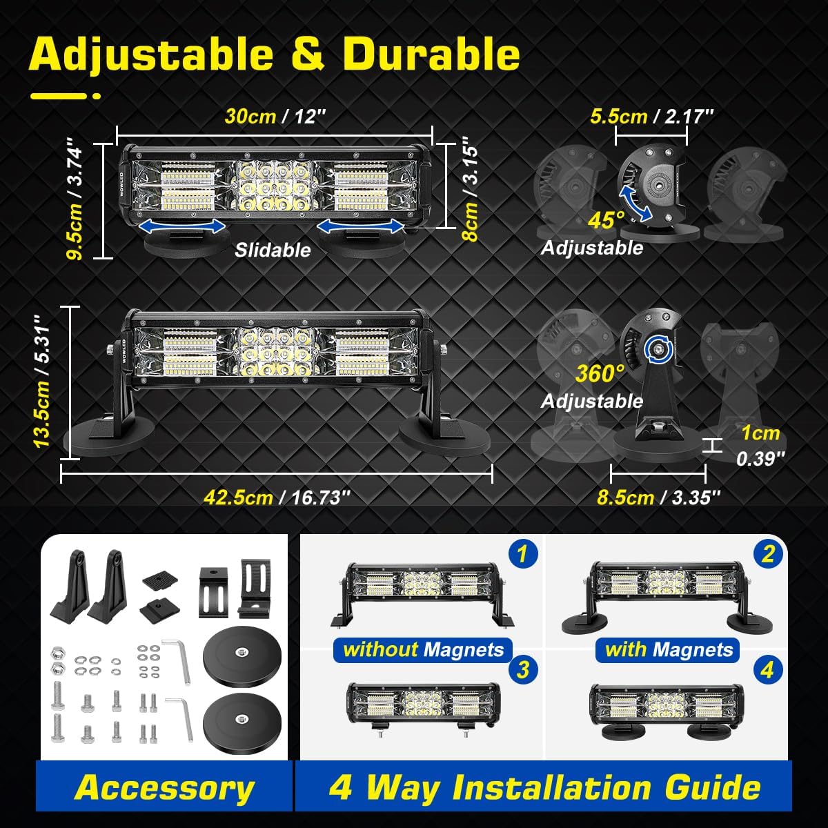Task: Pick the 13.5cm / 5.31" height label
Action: tap(41, 381)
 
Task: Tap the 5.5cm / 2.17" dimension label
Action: tap(651, 116)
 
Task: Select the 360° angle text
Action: tap(600, 373)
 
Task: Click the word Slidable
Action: tap(273, 250)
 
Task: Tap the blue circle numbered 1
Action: tap(522, 554)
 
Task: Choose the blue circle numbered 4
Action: tap(767, 669)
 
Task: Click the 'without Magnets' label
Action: tap(423, 649)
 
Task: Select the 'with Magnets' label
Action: tap(668, 649)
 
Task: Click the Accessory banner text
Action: tap(164, 787)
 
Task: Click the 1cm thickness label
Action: tap(760, 433)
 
